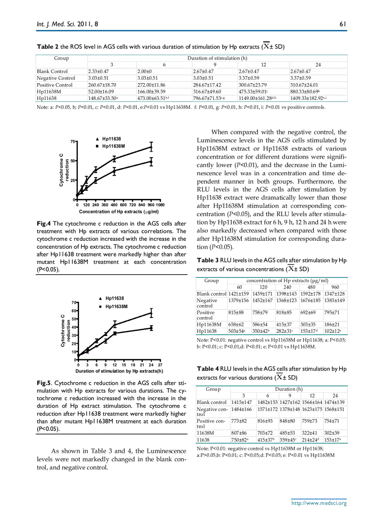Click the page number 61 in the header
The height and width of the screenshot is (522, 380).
tap(342, 26)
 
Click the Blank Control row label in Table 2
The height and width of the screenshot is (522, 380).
tap(52, 71)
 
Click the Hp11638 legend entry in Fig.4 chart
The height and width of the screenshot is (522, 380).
tap(111, 139)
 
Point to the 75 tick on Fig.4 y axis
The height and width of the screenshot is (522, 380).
tap(72, 141)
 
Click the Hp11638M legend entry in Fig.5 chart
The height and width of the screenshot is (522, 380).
tap(116, 307)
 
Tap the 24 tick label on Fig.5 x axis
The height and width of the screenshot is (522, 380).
tap(151, 365)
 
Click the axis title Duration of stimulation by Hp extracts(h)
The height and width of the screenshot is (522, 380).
tap(119, 371)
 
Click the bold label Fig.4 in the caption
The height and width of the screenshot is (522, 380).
tap(44, 223)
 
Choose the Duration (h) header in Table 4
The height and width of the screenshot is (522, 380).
tap(288, 389)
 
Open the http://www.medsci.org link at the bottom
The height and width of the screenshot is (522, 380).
tap(319, 503)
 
